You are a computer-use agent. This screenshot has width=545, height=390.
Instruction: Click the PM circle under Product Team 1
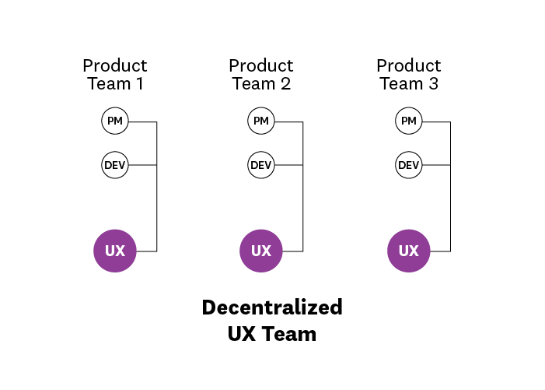(x=114, y=121)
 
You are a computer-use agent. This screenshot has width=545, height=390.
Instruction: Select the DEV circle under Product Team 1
(x=114, y=165)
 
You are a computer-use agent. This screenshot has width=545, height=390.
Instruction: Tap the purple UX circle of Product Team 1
(x=114, y=251)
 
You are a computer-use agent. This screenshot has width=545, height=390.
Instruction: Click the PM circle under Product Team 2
(x=260, y=121)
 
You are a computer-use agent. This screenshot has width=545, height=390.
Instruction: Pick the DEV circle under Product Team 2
(x=260, y=165)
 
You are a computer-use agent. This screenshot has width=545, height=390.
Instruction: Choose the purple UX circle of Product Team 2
(x=260, y=251)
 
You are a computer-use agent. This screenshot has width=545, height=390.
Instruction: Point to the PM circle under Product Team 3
(x=408, y=121)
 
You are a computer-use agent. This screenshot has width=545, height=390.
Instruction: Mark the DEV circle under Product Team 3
(x=408, y=165)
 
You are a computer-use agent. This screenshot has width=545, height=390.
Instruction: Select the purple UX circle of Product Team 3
(x=408, y=251)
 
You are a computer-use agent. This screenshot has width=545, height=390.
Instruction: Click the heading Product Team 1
(x=114, y=75)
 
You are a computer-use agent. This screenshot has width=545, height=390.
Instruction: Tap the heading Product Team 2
(x=260, y=75)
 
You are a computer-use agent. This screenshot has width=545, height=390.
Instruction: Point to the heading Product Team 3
(x=408, y=75)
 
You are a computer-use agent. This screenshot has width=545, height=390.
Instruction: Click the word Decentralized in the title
(x=271, y=307)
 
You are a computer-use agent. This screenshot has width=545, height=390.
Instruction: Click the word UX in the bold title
(x=242, y=334)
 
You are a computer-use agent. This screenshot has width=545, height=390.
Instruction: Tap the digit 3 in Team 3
(x=433, y=84)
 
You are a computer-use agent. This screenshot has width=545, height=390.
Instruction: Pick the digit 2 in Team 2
(x=286, y=84)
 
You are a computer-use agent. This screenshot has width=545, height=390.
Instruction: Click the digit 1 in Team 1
(x=139, y=84)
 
